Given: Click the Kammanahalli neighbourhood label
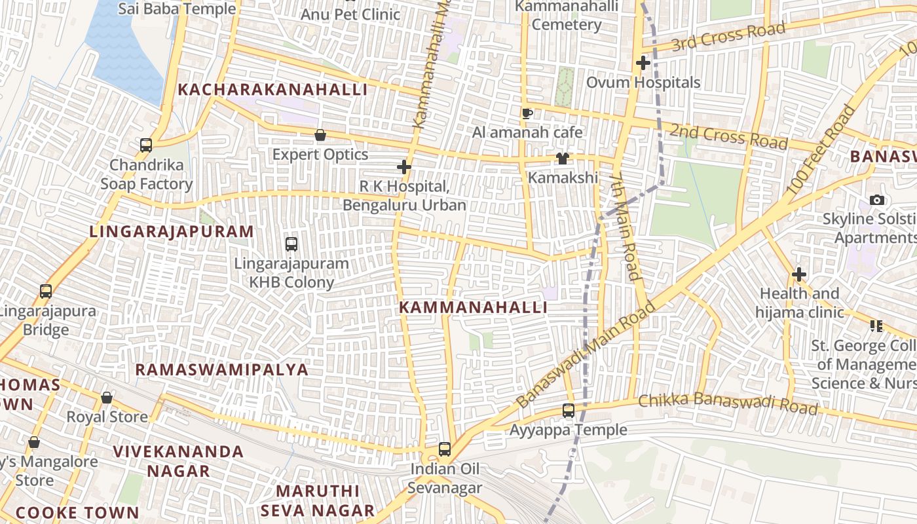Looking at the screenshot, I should coord(473,307).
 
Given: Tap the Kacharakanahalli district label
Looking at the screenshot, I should coord(272,90).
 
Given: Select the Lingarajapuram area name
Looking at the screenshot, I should coord(172,231).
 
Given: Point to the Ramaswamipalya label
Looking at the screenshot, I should coord(221,369).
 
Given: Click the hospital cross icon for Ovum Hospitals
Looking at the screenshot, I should coord(643,64).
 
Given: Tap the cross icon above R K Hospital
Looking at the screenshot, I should coord(404,167).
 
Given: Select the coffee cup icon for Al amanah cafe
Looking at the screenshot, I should coord(527,113).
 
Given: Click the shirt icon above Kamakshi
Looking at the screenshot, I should coord(562,159).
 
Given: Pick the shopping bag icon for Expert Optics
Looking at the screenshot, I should coord(320,136).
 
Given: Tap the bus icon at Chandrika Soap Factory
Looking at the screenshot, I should coord(146,145).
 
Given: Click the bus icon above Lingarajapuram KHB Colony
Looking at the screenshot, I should coord(291,244).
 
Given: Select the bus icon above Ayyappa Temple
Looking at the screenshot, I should coord(569,411).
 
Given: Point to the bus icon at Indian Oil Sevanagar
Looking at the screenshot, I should coord(445,449).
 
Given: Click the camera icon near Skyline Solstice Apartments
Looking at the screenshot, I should coord(876,200).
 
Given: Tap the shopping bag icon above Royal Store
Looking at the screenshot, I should coord(107,398).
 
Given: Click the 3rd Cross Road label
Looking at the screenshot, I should coord(728,36).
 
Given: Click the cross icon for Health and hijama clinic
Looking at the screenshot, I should coord(798,274).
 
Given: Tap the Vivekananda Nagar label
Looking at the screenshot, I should coord(178,460).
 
